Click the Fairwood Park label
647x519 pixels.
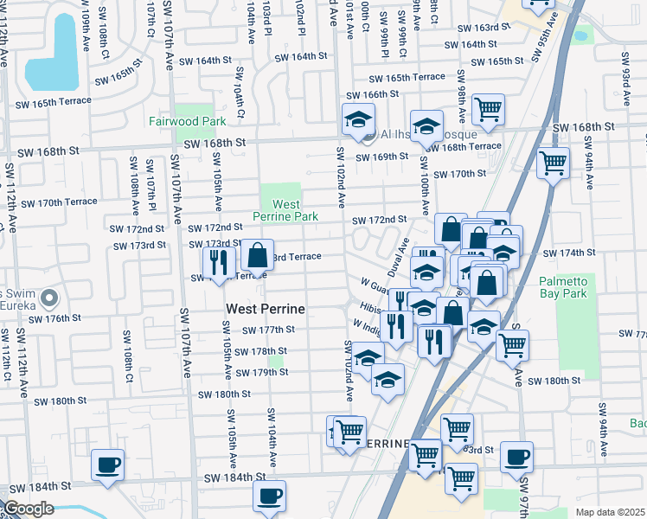[187, 122]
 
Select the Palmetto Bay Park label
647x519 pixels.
[563, 287]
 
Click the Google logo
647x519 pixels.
[28, 509]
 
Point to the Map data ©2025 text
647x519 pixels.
[611, 512]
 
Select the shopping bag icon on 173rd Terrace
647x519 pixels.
[258, 255]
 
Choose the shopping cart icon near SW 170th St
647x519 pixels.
[553, 162]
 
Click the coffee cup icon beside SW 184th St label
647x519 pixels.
[108, 465]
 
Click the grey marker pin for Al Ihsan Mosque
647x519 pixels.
[370, 134]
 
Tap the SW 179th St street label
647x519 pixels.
[261, 372]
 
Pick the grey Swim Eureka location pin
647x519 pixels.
[49, 299]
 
